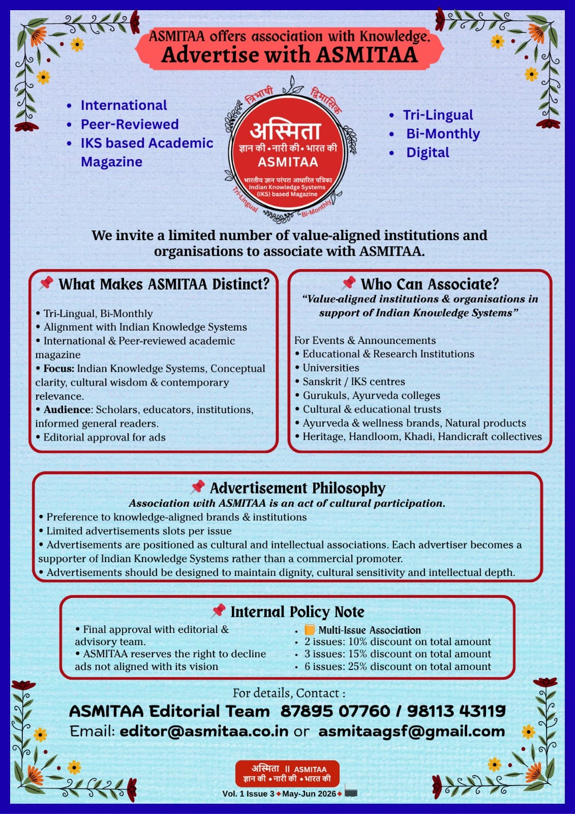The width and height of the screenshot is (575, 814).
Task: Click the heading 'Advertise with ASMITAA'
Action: click(289, 55)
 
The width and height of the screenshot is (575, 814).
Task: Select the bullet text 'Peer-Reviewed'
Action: click(130, 124)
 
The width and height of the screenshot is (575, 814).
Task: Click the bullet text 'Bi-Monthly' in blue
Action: click(443, 133)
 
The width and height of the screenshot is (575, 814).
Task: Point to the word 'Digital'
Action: click(428, 152)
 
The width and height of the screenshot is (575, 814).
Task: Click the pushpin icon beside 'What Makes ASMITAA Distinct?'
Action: click(46, 283)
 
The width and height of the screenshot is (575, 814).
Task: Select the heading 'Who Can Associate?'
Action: click(430, 284)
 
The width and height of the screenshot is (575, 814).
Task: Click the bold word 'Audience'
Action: click(67, 410)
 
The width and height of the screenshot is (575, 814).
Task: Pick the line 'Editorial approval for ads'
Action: click(104, 437)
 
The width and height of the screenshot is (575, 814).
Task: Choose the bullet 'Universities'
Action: click(330, 367)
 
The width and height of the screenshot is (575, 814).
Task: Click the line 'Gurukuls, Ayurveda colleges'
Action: click(371, 395)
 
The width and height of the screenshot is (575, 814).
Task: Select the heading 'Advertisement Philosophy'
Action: click(297, 488)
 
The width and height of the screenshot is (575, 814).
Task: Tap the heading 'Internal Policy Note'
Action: click(297, 612)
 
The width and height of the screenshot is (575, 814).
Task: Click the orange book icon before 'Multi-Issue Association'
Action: click(310, 630)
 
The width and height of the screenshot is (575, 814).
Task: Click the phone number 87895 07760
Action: click(335, 711)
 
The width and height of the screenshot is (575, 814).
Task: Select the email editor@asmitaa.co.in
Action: click(204, 731)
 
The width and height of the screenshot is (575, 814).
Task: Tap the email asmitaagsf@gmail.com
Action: click(411, 731)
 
